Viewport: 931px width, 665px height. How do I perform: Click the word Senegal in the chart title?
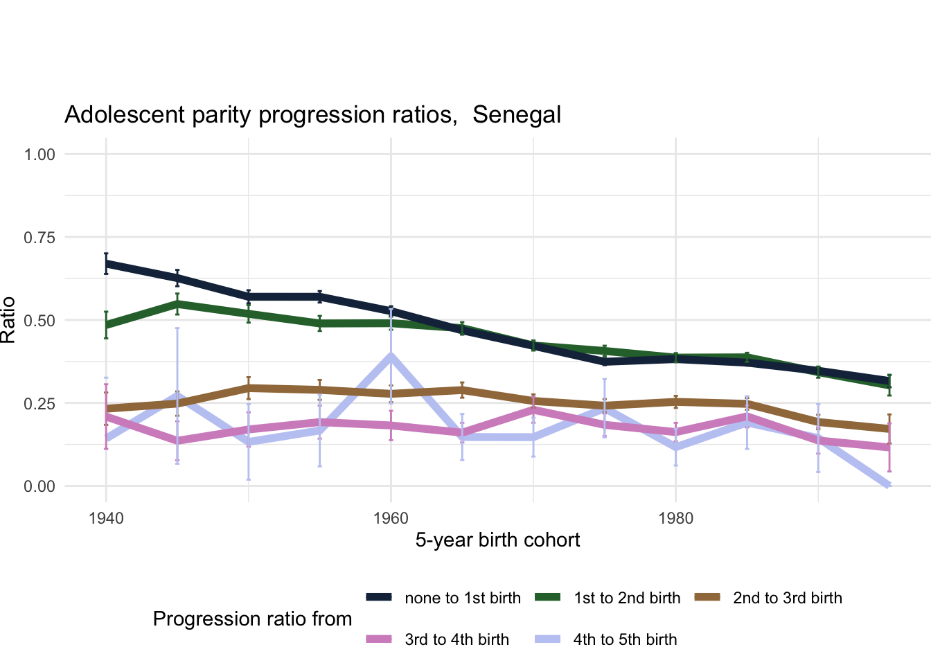click(517, 114)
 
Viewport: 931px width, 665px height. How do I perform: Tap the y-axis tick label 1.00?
click(39, 154)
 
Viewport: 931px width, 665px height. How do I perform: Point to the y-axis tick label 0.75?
click(39, 238)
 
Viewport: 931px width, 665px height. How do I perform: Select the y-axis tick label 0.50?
click(39, 320)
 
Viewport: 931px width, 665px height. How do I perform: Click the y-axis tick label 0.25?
click(39, 403)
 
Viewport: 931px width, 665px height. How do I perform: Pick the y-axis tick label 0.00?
click(39, 486)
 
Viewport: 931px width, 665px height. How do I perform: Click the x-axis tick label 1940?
click(106, 518)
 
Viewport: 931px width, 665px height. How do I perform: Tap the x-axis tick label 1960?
click(391, 518)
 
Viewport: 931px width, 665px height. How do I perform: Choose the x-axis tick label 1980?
click(675, 518)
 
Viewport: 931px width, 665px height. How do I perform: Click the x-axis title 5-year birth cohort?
click(497, 540)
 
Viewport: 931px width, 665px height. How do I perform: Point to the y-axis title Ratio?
click(8, 320)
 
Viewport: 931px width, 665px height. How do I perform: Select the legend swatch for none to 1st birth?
click(379, 597)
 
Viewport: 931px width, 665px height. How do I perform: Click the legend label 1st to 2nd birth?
click(627, 598)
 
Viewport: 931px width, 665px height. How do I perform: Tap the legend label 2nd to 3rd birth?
click(788, 598)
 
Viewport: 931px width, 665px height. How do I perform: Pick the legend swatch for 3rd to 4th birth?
click(379, 639)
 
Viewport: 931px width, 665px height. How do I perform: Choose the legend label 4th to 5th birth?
click(625, 639)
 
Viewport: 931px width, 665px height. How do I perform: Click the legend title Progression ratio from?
click(252, 619)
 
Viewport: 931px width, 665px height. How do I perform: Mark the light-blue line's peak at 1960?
click(391, 356)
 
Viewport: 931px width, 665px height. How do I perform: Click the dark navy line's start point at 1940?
click(106, 264)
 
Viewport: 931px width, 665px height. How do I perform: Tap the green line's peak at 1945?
click(177, 303)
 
